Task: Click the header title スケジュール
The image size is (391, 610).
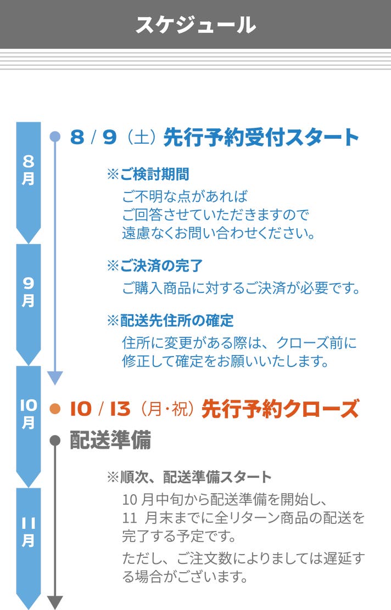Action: [195, 25]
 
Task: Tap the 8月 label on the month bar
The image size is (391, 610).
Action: [29, 170]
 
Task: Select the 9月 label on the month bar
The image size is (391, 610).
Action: [29, 291]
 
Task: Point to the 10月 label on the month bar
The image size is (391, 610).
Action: [29, 414]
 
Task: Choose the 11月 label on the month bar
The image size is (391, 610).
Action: [29, 532]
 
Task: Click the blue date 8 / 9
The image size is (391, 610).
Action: [94, 137]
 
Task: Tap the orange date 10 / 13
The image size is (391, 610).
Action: [100, 409]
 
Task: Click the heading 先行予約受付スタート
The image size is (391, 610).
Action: [261, 137]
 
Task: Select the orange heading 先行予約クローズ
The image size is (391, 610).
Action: [280, 409]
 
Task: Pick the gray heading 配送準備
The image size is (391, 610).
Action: [110, 440]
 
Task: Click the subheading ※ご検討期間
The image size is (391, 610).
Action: [148, 174]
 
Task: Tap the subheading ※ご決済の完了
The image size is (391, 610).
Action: [155, 266]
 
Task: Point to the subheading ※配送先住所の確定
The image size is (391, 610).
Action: [170, 320]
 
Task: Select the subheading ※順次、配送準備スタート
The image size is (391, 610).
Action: [189, 477]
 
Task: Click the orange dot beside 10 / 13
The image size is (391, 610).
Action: [55, 409]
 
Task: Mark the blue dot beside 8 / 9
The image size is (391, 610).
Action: [55, 137]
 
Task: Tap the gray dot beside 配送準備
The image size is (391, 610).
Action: [55, 440]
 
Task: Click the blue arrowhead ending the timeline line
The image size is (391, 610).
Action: [55, 377]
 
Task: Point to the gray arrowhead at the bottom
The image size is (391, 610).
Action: [55, 602]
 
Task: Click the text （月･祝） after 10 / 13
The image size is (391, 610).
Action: [167, 409]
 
